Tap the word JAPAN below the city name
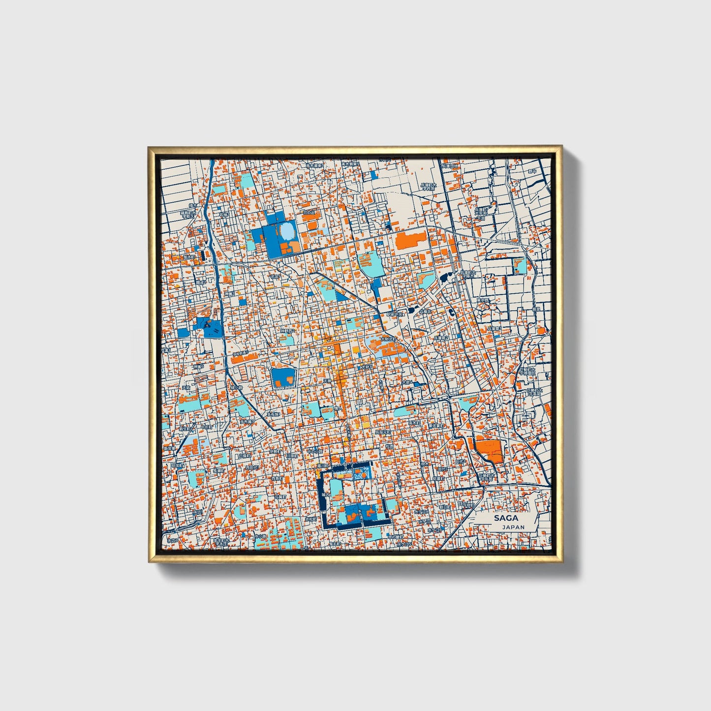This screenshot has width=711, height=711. pyautogui.click(x=513, y=527)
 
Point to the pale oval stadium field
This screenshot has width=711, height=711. pyautogui.click(x=287, y=230)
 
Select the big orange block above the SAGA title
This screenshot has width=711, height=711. pyautogui.click(x=488, y=449)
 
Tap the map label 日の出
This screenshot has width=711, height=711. pyautogui.click(x=309, y=213)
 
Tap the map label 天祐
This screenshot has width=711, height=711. pyautogui.click(x=185, y=388)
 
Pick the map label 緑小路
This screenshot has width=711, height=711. pyautogui.click(x=237, y=387)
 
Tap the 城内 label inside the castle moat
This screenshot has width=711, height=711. pyautogui.click(x=324, y=495)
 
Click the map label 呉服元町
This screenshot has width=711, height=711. pyautogui.click(x=383, y=432)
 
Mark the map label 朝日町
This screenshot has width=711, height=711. pyautogui.click(x=444, y=506)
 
